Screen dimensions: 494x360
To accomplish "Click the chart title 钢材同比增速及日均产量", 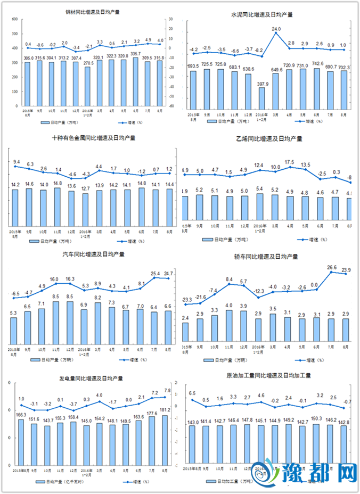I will pos(92,11).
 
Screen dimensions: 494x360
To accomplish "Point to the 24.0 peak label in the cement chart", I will pos(276,29).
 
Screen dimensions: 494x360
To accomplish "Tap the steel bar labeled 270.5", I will pos(88,89).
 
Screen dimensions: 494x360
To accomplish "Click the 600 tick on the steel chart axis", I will pos(15,19).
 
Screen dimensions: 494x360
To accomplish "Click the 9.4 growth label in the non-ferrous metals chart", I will pos(17,161).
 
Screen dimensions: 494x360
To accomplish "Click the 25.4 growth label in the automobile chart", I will pos(156,274).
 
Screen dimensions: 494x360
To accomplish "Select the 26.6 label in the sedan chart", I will pos(332,267).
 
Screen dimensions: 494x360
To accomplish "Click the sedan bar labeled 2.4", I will pos(185,331).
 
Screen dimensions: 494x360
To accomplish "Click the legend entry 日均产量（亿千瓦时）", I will pos(66,481).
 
